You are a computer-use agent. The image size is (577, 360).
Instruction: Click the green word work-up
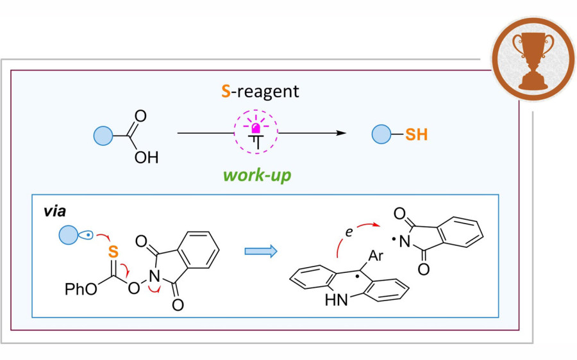point(257,174)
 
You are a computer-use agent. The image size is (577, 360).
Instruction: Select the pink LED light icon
point(257,132)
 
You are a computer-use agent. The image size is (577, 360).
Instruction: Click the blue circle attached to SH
point(382,135)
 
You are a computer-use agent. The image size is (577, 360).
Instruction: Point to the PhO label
point(80,291)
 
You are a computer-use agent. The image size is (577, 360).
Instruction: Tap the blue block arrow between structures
point(260,251)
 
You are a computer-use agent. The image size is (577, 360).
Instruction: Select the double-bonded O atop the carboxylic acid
point(141,117)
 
